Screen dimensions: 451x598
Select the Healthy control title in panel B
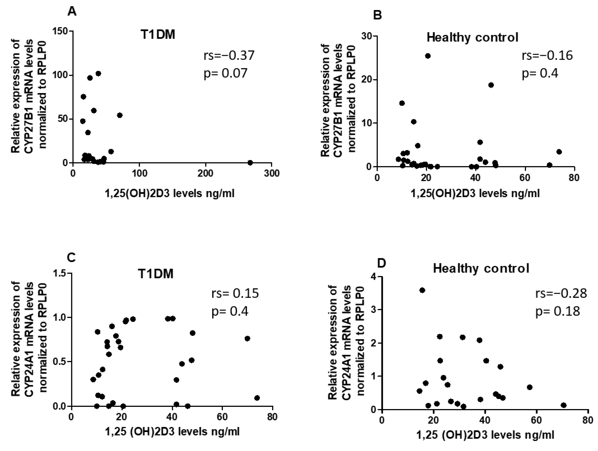[472, 38]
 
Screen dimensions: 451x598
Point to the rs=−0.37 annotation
[229, 56]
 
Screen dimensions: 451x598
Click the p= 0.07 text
[226, 73]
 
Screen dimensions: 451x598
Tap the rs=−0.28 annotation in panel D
[561, 293]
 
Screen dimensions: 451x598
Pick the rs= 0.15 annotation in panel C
[235, 293]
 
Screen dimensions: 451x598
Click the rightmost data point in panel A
[250, 163]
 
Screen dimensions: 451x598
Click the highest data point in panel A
[98, 73]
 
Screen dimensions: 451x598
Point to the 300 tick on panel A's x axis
[271, 174]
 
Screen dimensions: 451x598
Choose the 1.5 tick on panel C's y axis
[61, 273]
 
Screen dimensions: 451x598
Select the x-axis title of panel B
[475, 193]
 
